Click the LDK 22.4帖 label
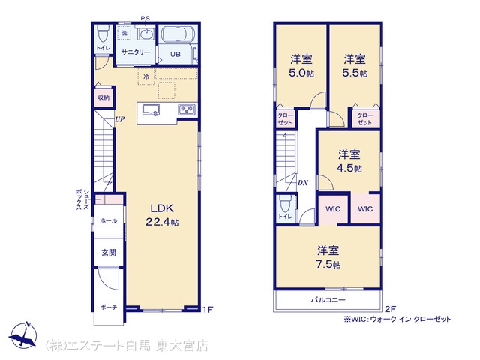(x=162, y=215)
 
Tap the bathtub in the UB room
(x=178, y=34)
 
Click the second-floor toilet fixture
(x=286, y=204)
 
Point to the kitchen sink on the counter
(x=151, y=110)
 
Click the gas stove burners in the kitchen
(x=187, y=109)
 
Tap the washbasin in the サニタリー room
(x=147, y=34)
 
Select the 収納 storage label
(x=103, y=97)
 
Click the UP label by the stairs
(x=120, y=119)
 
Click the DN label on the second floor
(x=303, y=183)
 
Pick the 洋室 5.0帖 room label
(x=301, y=65)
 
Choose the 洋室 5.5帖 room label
(x=355, y=65)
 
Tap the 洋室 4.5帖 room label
(x=349, y=161)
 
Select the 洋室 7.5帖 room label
(x=328, y=256)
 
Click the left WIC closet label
(x=333, y=209)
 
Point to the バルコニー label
(x=328, y=300)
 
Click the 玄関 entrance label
(x=109, y=252)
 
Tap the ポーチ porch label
(x=109, y=307)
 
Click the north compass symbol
(x=23, y=335)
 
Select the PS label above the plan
(x=145, y=18)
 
